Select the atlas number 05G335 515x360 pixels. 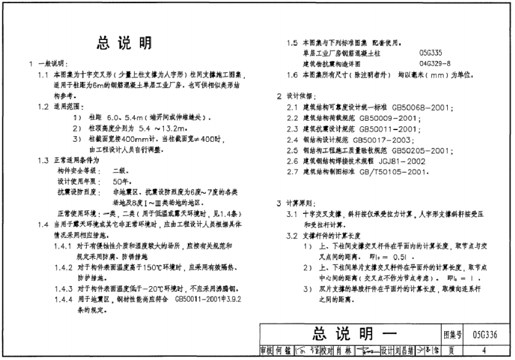(430, 54)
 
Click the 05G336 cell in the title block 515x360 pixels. (487, 335)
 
